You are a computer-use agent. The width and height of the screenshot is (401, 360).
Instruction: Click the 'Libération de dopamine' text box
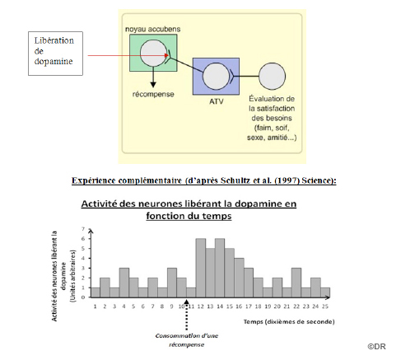coord(55,54)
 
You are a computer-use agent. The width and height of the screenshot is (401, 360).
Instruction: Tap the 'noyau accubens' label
coord(153,29)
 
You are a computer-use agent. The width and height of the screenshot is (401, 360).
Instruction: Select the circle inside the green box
coord(153,53)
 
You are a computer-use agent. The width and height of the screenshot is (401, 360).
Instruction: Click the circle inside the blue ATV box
coord(216,76)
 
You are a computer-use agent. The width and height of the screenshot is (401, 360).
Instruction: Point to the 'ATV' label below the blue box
coord(217,101)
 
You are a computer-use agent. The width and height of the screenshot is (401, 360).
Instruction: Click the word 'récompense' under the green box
coord(153,94)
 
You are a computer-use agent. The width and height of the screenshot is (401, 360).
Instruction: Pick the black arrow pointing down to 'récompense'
coord(153,77)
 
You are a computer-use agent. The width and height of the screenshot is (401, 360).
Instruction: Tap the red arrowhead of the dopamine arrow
coord(166,55)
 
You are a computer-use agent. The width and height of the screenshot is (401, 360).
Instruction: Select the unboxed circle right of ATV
coord(272,76)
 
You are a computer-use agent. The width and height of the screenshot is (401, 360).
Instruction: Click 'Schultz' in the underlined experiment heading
coord(235,180)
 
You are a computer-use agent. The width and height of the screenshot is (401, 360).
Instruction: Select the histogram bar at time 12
coord(201,268)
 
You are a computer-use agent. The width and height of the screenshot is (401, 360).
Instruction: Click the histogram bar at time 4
coord(124,283)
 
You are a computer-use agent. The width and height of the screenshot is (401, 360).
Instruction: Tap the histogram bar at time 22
coord(296,283)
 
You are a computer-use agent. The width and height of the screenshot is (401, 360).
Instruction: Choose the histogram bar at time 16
coord(239,278)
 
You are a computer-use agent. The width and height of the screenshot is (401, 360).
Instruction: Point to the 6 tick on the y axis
coord(83,239)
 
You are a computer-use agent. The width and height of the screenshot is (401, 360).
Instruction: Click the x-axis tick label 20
coord(277,306)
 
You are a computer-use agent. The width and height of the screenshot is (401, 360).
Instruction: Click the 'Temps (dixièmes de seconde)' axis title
coord(289,321)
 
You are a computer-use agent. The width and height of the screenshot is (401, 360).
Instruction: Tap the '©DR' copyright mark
coord(376,346)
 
